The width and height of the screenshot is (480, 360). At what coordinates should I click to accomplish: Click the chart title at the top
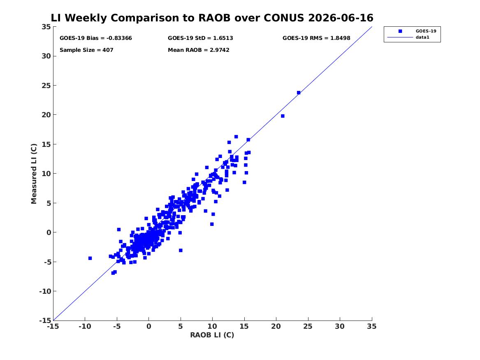click(212, 18)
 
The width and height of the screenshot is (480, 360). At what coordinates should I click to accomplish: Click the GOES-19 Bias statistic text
click(95, 38)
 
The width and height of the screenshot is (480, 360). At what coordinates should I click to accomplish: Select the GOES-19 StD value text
click(200, 38)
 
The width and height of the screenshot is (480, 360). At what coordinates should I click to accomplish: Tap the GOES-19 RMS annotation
click(316, 38)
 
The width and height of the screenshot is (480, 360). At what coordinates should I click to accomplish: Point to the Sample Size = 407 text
click(86, 50)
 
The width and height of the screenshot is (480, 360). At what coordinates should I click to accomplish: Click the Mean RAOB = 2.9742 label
click(198, 50)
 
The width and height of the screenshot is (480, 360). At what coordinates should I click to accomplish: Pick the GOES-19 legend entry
click(417, 31)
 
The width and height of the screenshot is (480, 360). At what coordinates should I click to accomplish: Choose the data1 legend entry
click(409, 37)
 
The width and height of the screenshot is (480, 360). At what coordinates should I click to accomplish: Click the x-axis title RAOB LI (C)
click(212, 335)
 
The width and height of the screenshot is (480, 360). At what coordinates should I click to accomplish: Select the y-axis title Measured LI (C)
click(34, 174)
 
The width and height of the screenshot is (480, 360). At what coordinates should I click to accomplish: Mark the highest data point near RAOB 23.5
click(299, 93)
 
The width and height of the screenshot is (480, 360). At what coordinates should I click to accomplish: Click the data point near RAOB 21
click(283, 116)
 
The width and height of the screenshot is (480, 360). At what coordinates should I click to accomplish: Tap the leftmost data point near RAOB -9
click(90, 258)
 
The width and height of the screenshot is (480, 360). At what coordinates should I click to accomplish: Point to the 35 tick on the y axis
click(46, 27)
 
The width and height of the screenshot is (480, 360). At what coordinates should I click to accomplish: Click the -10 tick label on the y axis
click(45, 291)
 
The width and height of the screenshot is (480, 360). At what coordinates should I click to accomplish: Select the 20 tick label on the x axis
click(276, 326)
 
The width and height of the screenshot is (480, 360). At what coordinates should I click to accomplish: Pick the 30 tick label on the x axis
click(339, 326)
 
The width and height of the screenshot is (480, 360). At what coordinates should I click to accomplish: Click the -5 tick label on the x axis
click(117, 326)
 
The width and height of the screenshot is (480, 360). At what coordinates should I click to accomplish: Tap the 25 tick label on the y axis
click(46, 86)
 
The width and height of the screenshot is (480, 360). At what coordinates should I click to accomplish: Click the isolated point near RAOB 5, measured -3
click(181, 251)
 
